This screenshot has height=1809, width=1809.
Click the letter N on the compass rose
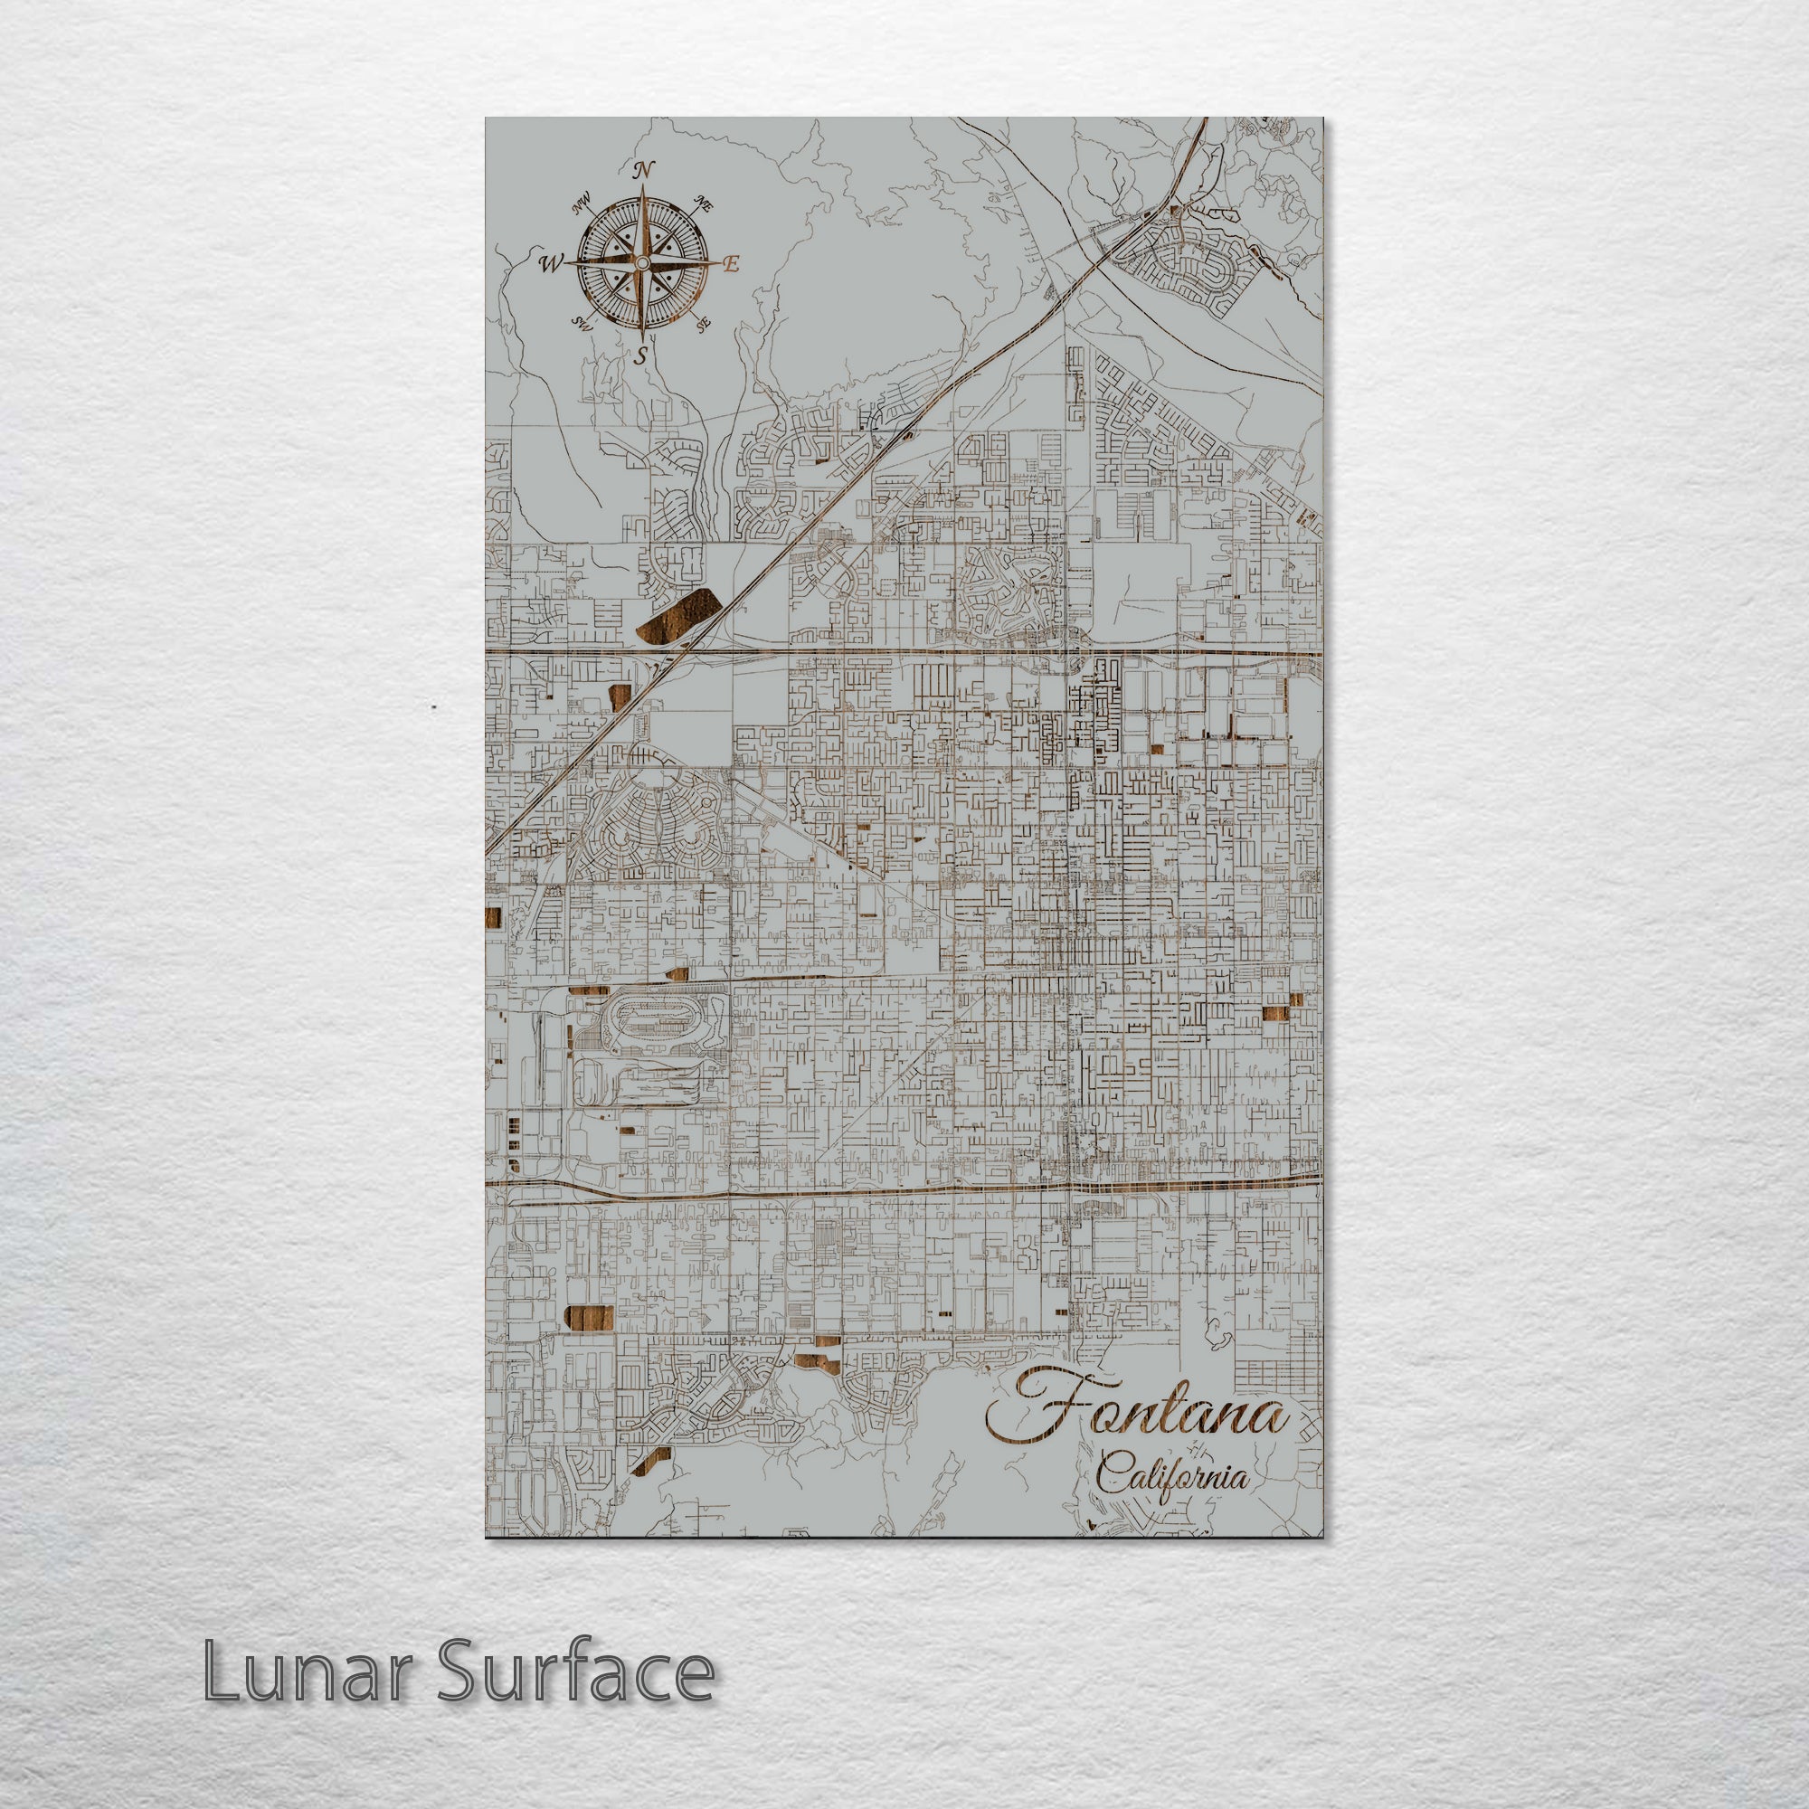(x=643, y=170)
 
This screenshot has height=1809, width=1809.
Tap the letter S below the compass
(x=642, y=355)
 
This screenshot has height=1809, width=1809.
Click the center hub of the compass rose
(x=642, y=265)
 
